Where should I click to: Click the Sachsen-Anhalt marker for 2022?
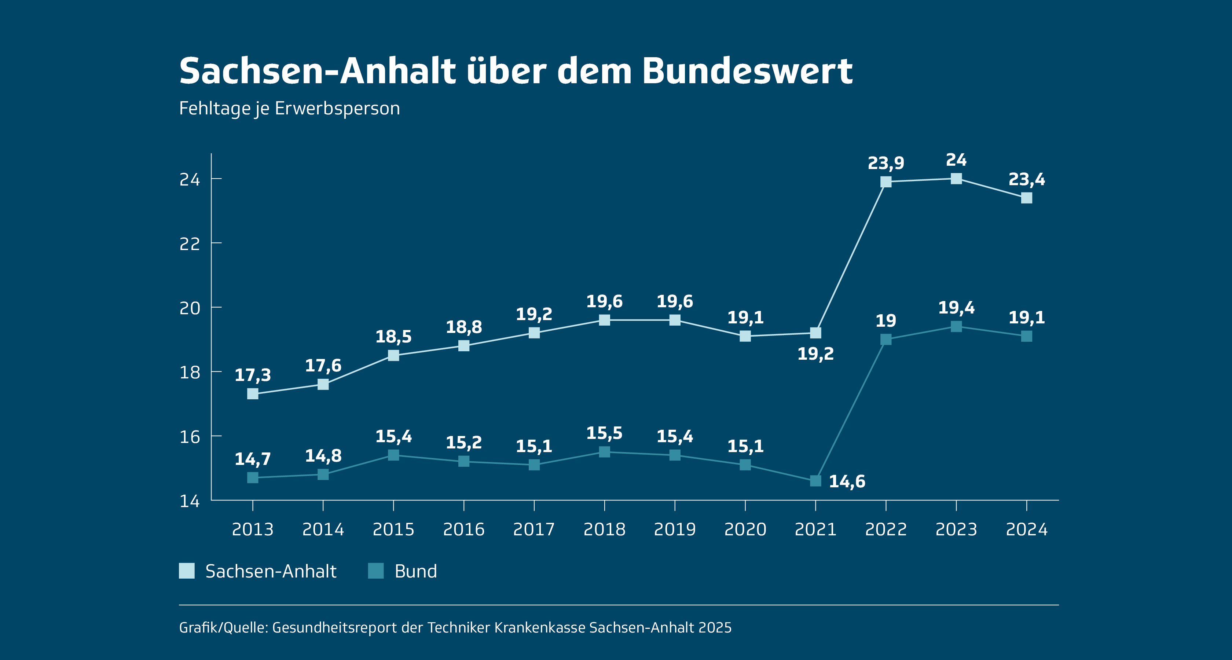coord(886,182)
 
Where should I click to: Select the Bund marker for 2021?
coord(815,481)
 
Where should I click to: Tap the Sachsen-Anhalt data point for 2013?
coord(253,393)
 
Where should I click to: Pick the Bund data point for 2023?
coord(956,327)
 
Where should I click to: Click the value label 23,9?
coord(886,163)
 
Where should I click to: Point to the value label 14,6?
coord(847,481)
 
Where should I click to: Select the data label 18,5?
coord(393,337)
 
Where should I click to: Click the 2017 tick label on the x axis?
coord(534,529)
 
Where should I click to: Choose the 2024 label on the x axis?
coord(1026,529)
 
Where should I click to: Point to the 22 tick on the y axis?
coord(190,244)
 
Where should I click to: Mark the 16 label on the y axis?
coord(190,437)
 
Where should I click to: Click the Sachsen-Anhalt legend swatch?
coord(187,571)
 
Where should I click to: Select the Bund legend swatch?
coord(376,571)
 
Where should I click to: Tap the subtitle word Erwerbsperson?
coord(337,109)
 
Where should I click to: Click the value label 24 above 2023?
coord(956,160)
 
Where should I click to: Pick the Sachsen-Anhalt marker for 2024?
coord(1026,198)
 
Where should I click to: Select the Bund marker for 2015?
coord(393,455)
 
